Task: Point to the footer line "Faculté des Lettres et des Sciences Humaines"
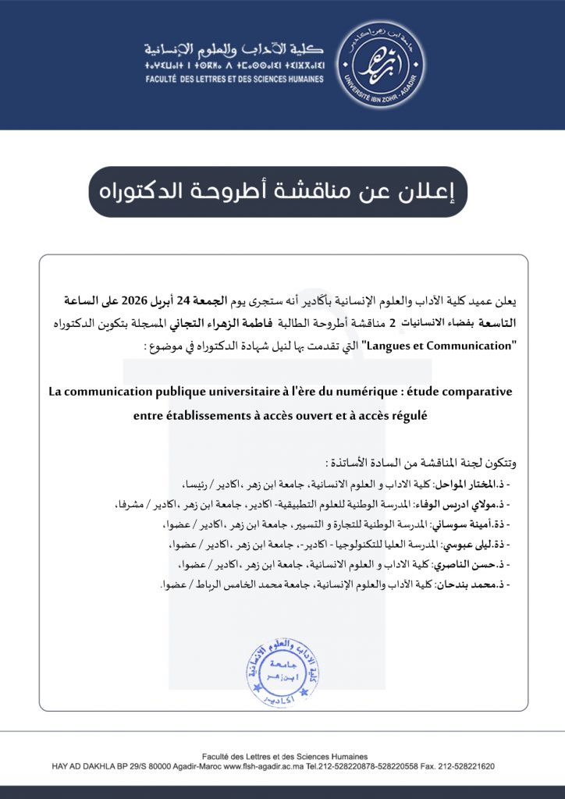282,756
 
